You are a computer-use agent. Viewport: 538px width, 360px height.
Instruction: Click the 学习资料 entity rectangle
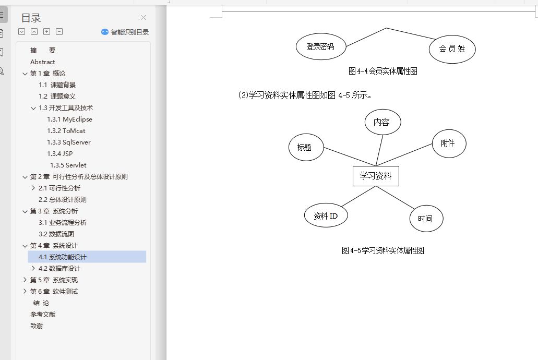tap(376, 176)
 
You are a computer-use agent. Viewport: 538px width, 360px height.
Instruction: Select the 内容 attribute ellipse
tap(382, 123)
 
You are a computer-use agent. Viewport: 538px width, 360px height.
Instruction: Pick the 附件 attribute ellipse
tap(449, 143)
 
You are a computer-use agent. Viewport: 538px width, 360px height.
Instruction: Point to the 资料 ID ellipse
tap(326, 215)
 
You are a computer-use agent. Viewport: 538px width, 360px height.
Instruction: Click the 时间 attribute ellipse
tap(426, 219)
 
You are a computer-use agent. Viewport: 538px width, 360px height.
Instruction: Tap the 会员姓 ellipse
tap(452, 49)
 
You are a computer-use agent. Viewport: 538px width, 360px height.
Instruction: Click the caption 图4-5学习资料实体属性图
tap(382, 250)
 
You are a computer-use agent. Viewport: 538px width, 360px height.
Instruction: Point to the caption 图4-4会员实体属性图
tap(382, 71)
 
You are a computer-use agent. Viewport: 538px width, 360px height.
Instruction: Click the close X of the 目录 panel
tap(144, 18)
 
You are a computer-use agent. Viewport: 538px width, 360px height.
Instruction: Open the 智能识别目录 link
tap(125, 32)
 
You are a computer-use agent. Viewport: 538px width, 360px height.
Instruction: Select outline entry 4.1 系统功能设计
tap(63, 257)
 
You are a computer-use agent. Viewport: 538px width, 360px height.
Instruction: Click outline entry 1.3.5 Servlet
tap(68, 165)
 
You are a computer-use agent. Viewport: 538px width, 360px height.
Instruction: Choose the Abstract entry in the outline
tap(43, 62)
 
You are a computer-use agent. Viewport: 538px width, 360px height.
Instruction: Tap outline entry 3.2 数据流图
tap(56, 234)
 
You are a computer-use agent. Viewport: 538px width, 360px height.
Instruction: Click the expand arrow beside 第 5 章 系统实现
tap(25, 280)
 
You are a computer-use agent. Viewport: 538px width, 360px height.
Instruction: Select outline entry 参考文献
tap(43, 314)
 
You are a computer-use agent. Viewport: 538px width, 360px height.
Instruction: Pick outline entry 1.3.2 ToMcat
tap(66, 130)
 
